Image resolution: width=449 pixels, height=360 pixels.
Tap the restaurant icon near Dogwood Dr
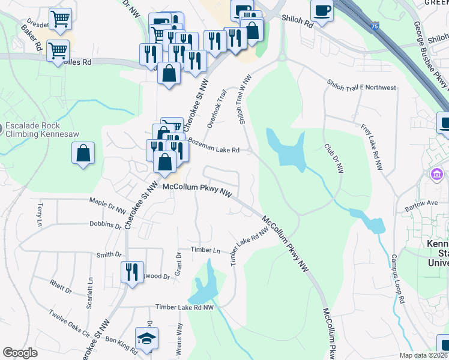pyautogui.click(x=128, y=272)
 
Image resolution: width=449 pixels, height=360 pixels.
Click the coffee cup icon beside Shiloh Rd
pyautogui.click(x=322, y=10)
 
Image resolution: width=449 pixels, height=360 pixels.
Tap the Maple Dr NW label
pyautogui.click(x=107, y=205)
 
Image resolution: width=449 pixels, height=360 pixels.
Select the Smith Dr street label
pyautogui.click(x=109, y=255)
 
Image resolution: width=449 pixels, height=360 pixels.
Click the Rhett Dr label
pyautogui.click(x=61, y=287)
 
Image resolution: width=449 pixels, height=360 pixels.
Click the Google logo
pyautogui.click(x=20, y=352)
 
